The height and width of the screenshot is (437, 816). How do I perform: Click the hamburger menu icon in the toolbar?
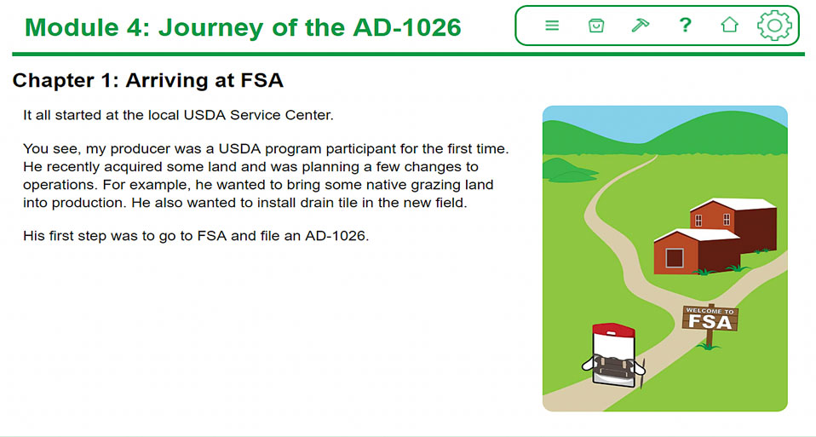click(x=552, y=25)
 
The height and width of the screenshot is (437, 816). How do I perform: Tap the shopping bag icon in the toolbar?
click(x=596, y=26)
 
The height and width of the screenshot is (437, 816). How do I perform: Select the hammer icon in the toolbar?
click(x=640, y=25)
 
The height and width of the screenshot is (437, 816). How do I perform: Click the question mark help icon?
click(x=686, y=25)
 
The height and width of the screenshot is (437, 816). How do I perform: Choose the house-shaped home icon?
click(x=730, y=25)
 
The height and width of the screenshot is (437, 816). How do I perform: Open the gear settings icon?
click(x=774, y=25)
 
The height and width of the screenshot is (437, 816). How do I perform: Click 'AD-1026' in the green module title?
click(x=407, y=27)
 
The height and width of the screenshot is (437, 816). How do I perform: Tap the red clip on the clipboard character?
click(x=613, y=331)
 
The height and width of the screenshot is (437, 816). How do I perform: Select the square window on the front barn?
click(x=675, y=258)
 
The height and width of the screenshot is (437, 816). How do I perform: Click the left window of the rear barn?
click(x=698, y=221)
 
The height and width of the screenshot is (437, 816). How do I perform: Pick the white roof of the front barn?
click(x=698, y=234)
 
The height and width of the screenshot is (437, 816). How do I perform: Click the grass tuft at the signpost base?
click(x=709, y=345)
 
